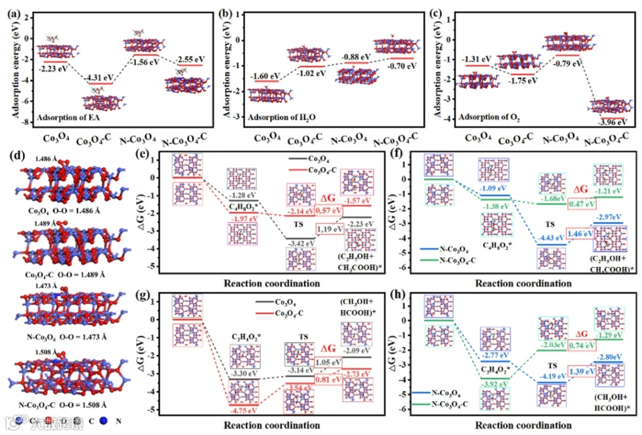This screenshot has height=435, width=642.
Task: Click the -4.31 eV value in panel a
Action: point(99,77)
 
